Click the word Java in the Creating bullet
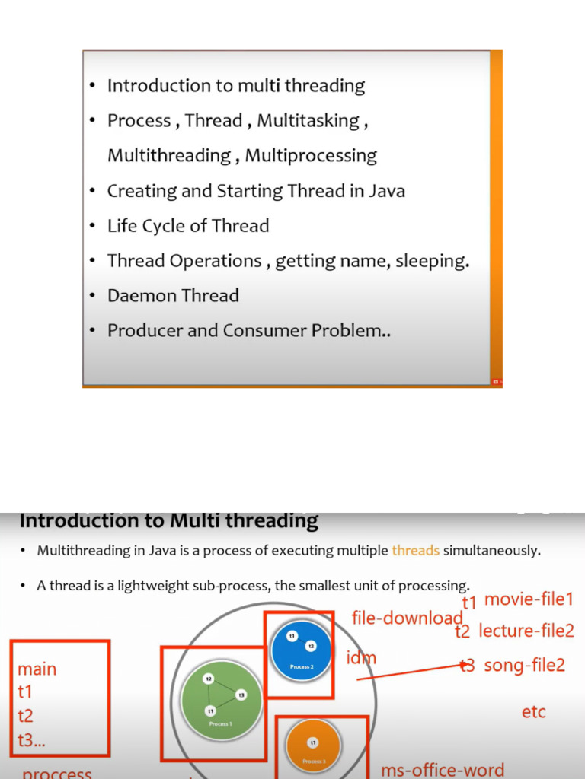tap(386, 191)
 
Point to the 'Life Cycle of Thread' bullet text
tap(188, 226)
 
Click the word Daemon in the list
tap(139, 296)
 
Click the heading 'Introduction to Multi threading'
tap(168, 521)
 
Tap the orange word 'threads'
tap(415, 551)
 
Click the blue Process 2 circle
tap(301, 647)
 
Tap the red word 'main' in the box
tap(37, 669)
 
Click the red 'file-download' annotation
tap(407, 618)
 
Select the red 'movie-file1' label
tap(529, 599)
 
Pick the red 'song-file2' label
tap(525, 666)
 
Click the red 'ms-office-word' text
tap(442, 770)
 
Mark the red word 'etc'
tap(533, 713)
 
